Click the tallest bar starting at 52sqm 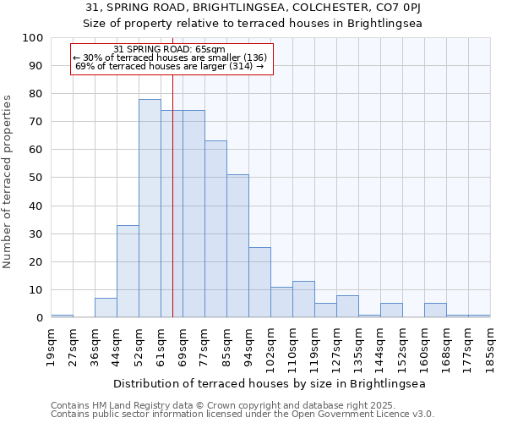pos(150,208)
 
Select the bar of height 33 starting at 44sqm pos(128,272)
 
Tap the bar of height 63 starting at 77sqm pos(215,229)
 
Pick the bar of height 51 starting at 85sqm pos(237,246)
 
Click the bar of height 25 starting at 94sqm pos(259,283)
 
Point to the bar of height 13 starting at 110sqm pos(303,299)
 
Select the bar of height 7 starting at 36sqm pos(106,308)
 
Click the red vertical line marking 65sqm pos(172,211)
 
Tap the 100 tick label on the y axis pos(32,38)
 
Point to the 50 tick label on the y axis pos(35,178)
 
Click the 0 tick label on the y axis pos(39,318)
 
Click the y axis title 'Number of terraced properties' pos(8,181)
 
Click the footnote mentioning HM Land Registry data pos(216,405)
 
